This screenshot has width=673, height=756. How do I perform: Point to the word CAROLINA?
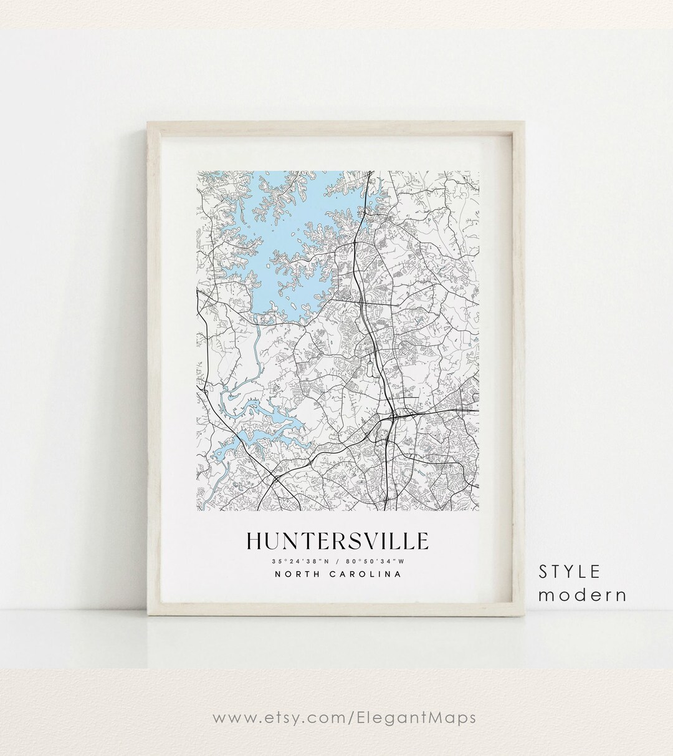tap(365, 574)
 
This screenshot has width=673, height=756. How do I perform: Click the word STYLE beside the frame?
tap(570, 571)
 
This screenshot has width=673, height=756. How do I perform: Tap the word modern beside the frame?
tap(583, 594)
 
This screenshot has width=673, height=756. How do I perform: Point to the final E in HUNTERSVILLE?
tap(422, 541)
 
